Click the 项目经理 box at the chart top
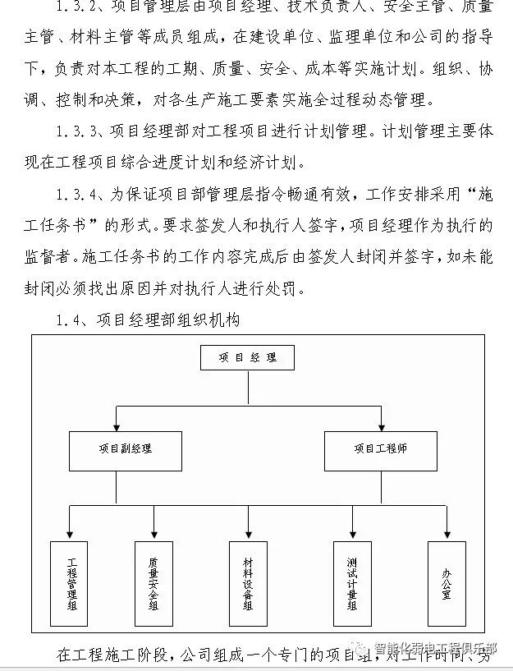(x=247, y=358)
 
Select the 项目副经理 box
(x=126, y=449)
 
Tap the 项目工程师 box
(x=381, y=449)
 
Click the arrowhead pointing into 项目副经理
(x=117, y=425)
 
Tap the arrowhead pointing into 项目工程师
(x=381, y=425)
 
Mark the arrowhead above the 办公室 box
(x=447, y=535)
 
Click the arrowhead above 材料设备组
(x=248, y=535)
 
